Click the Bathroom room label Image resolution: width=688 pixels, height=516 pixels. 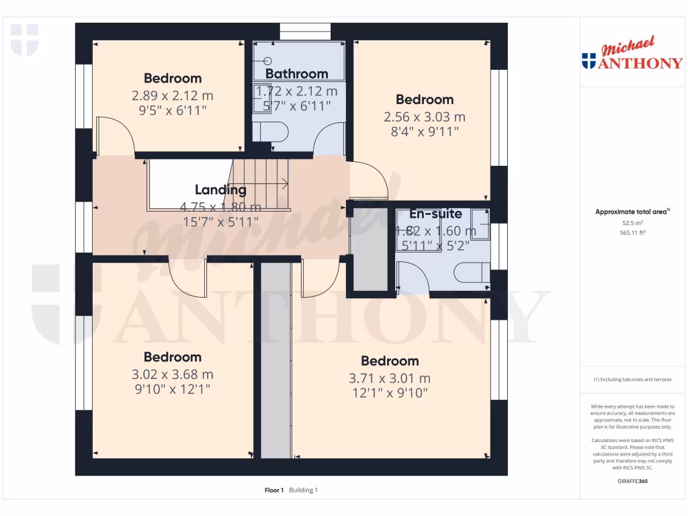296,74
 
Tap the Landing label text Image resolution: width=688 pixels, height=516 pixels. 220,190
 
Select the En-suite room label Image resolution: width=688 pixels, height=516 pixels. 437,214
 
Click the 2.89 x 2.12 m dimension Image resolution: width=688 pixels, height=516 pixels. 172,95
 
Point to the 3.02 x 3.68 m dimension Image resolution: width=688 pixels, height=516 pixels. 172,374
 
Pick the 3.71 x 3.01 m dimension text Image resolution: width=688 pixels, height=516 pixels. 390,378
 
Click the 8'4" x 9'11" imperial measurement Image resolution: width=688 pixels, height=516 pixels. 424,132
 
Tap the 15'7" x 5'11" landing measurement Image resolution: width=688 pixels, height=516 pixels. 220,222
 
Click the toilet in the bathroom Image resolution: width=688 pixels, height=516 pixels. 273,132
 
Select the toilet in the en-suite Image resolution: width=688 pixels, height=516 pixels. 470,273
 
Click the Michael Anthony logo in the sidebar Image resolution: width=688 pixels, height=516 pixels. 632,56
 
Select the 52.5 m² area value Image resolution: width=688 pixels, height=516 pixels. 631,222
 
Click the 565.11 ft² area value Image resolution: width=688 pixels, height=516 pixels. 631,232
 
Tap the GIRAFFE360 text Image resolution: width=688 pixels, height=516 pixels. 631,481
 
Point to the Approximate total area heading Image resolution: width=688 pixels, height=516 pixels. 631,212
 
